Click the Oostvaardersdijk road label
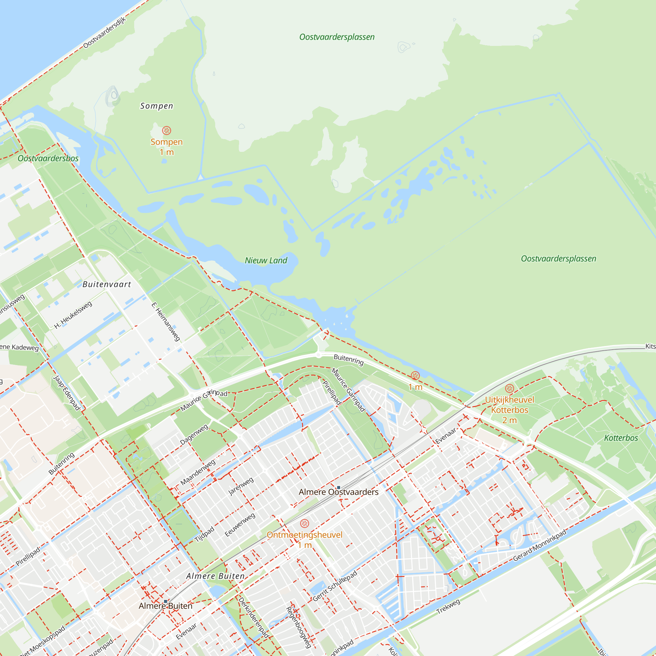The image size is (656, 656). (x=105, y=32)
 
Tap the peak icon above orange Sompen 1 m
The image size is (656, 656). (x=166, y=131)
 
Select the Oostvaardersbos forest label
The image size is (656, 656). (x=48, y=158)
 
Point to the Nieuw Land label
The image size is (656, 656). (x=266, y=260)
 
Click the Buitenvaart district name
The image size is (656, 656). (x=107, y=284)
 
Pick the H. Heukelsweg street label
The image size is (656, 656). (x=73, y=315)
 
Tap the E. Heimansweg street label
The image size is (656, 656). (x=166, y=321)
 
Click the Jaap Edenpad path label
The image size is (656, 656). (x=67, y=393)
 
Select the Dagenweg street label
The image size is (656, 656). (x=194, y=435)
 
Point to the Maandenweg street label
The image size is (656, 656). (x=197, y=472)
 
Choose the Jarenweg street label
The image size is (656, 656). (x=241, y=486)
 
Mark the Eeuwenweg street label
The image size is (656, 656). (x=240, y=525)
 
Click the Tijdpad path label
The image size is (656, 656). (x=204, y=534)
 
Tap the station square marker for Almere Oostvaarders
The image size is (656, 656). (x=338, y=488)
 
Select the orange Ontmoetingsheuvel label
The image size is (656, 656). (x=305, y=535)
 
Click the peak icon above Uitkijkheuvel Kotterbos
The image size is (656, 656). (x=509, y=388)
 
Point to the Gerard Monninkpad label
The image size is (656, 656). (x=540, y=545)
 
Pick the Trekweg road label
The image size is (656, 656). (x=448, y=606)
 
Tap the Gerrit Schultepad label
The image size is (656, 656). (x=335, y=586)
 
